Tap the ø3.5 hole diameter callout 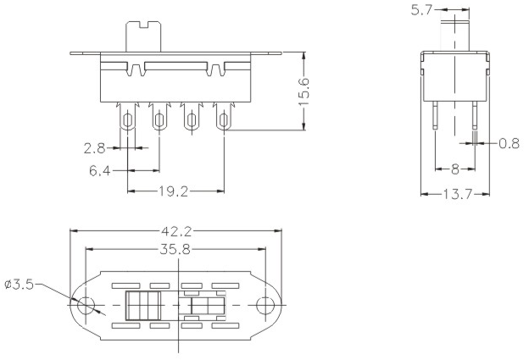point(19,285)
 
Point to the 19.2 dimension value point(173,191)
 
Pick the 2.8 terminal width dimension point(96,148)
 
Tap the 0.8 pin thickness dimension point(510,143)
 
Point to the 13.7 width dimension point(457,195)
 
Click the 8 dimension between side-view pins point(455,169)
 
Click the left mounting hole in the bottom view point(86,305)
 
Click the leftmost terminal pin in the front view point(128,121)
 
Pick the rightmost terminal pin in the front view point(223,121)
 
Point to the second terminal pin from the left point(159,121)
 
